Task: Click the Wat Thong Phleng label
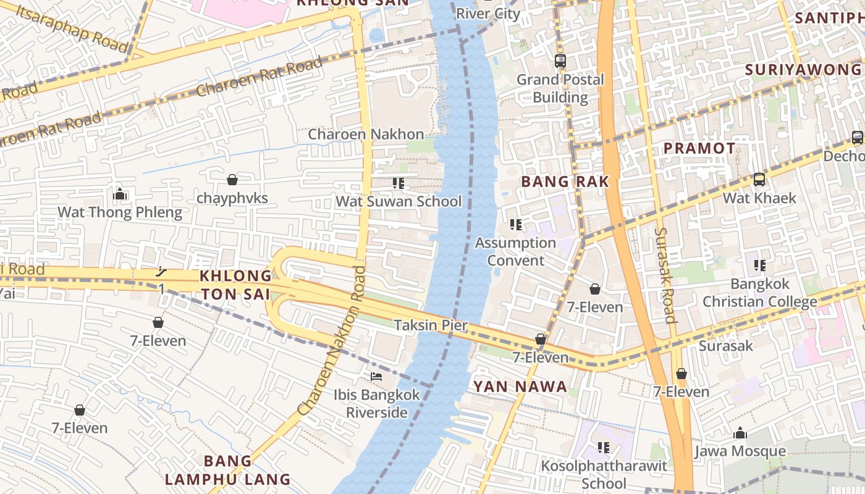coord(120,213)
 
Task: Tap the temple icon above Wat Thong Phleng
coord(120,195)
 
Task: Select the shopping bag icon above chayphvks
coord(232,180)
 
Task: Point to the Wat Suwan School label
coord(399,201)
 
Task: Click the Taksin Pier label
coord(431,325)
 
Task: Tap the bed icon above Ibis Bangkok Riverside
coord(376,376)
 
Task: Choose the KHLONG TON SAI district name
coord(236,285)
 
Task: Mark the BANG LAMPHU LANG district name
coord(227,470)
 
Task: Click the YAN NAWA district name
coord(520,387)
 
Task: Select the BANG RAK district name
coord(565,182)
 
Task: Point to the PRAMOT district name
coord(699,148)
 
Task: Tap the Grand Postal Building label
coord(560,88)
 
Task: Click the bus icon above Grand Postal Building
coord(560,61)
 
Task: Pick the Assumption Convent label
coord(516,251)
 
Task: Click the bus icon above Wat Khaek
coord(759,180)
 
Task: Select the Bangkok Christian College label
coord(760,293)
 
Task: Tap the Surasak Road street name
coord(665,275)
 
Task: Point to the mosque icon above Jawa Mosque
coord(740,433)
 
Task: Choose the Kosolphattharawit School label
coord(604,474)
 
